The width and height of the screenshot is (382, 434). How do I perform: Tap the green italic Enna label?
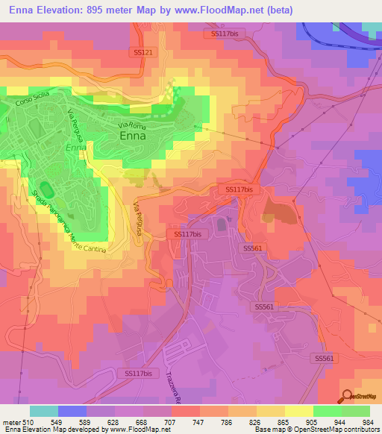pos(75,148)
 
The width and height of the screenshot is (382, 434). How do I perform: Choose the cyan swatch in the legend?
pos(44,411)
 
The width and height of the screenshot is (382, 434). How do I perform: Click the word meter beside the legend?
pos(10,421)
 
